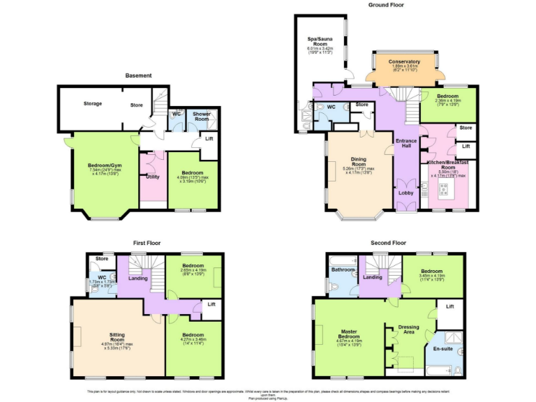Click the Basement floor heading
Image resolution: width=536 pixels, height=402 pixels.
(138, 75)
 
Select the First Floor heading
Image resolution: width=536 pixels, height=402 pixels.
(147, 243)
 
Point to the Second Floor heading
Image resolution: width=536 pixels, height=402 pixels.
(389, 243)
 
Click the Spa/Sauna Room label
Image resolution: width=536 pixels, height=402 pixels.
(322, 43)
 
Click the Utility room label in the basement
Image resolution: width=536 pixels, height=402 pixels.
(152, 176)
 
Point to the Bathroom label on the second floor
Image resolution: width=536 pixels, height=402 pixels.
(343, 269)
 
